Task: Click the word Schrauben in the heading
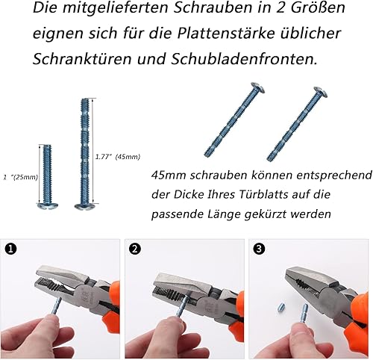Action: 212,8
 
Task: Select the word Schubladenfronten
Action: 244,59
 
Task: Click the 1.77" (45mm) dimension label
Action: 118,157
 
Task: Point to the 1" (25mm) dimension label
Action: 21,177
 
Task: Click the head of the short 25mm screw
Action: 48,205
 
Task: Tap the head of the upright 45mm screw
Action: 86,206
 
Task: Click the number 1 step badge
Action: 10,249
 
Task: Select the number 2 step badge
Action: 135,249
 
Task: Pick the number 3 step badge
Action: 259,249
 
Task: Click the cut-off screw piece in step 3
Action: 280,306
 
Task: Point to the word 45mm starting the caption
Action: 169,176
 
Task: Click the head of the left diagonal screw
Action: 257,87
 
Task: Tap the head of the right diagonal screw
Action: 321,92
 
